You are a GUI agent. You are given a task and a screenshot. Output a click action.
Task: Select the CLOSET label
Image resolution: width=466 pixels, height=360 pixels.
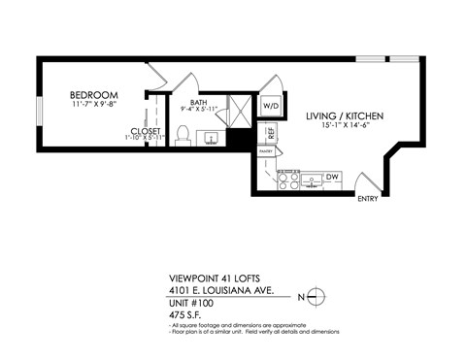[x=146, y=132]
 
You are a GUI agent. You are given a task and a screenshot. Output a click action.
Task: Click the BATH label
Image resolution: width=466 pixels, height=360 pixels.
[x=199, y=102]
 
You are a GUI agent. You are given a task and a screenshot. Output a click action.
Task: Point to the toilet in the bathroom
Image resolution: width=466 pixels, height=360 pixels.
[x=182, y=135]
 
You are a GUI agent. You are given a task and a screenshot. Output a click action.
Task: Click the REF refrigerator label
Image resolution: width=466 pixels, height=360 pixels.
[x=271, y=133]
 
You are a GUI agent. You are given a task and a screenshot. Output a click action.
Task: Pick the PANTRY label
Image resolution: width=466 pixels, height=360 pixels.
[x=266, y=151]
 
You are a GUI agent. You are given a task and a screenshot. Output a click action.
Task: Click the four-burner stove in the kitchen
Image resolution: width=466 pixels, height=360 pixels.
[x=288, y=179]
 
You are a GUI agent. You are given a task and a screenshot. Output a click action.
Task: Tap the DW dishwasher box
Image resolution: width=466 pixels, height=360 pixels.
[x=332, y=177]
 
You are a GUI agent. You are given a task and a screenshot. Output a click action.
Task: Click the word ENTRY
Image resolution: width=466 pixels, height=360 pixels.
[x=368, y=201]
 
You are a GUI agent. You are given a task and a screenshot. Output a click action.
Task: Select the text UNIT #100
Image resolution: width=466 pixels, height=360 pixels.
[x=190, y=302]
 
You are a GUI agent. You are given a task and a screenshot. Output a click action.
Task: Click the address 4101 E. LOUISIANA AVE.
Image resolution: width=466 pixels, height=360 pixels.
[x=222, y=288]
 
